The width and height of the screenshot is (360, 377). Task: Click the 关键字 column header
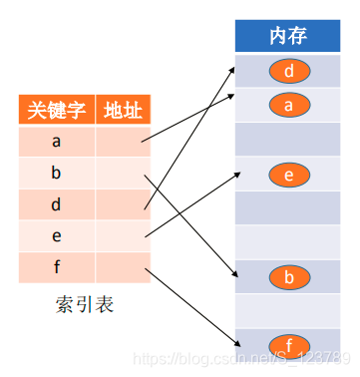pos(56,109)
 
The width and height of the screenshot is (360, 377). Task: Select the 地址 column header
pos(123,109)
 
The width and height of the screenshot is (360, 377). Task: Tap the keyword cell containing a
pos(56,141)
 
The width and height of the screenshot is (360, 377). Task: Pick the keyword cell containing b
pos(56,173)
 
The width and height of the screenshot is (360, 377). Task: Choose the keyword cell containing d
pos(56,204)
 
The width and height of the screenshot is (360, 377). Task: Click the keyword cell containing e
pos(56,236)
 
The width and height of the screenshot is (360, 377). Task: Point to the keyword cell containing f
pos(56,267)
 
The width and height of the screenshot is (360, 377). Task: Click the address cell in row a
pos(123,141)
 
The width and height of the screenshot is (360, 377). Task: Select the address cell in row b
pos(123,173)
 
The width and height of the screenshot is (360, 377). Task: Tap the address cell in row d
pos(123,204)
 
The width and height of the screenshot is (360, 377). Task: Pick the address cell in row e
pos(123,236)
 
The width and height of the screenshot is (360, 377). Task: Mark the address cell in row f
pos(123,267)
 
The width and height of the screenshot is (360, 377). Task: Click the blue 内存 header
pos(288,36)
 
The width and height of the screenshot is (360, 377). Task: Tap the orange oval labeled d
pos(289,71)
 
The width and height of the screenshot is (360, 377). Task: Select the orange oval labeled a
pos(289,104)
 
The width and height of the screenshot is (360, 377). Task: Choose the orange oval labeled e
pos(289,176)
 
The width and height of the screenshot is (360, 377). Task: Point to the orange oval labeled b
pos(289,276)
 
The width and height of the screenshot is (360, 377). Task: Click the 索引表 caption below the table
pos(85,304)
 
